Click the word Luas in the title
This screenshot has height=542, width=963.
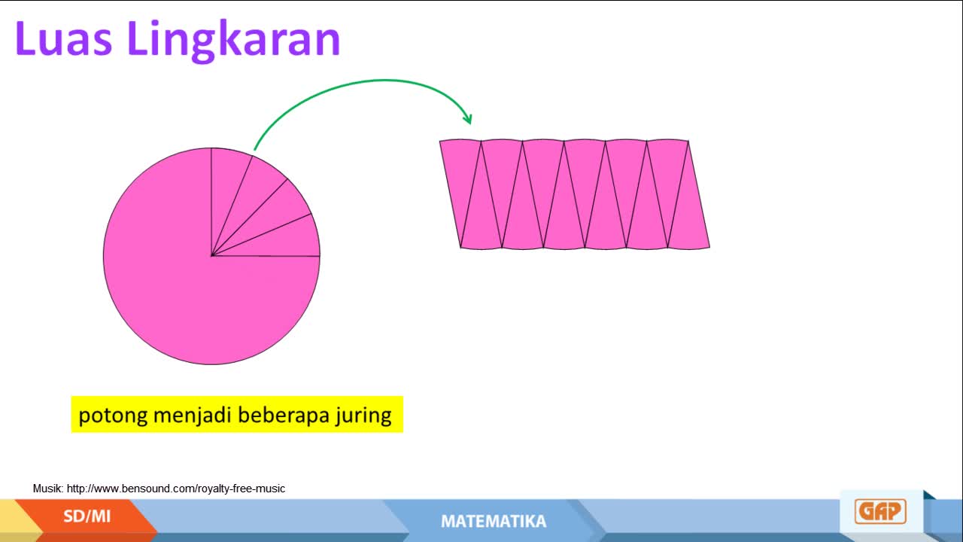click(x=64, y=38)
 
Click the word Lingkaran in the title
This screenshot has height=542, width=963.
click(x=234, y=41)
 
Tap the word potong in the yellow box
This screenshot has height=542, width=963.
click(x=113, y=416)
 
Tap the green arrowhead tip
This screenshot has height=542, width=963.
click(x=471, y=124)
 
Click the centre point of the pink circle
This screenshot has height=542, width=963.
click(x=211, y=256)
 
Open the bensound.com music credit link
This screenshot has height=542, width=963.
click(x=176, y=489)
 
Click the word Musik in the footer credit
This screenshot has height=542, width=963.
click(x=48, y=489)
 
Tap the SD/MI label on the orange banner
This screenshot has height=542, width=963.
click(x=87, y=516)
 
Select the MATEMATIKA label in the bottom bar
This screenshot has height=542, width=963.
click(x=494, y=522)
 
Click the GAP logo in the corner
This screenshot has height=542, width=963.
click(x=880, y=511)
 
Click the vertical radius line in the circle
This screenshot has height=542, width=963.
click(x=211, y=202)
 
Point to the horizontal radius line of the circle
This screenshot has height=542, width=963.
click(x=266, y=256)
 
